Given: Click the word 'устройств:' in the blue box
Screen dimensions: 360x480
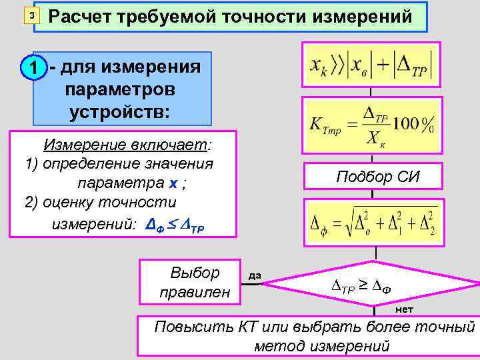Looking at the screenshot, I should point(119,110).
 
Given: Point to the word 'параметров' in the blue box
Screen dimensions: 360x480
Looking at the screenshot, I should point(120,89).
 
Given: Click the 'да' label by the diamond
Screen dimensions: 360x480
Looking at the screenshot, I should point(255,275).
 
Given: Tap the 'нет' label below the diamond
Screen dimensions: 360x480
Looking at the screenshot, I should point(404,309).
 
